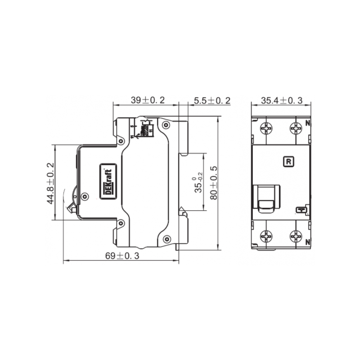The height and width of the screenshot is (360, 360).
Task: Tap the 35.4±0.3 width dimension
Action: tap(282, 100)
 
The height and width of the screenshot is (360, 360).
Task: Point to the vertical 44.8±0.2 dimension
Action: tap(50, 183)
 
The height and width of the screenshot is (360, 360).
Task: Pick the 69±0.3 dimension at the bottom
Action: tap(122, 256)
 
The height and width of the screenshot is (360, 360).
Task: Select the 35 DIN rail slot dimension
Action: tap(197, 183)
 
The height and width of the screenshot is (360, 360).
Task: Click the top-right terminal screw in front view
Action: tap(296, 129)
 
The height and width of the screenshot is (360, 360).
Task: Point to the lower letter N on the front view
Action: tap(308, 242)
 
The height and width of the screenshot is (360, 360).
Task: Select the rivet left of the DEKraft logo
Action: tap(84, 196)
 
